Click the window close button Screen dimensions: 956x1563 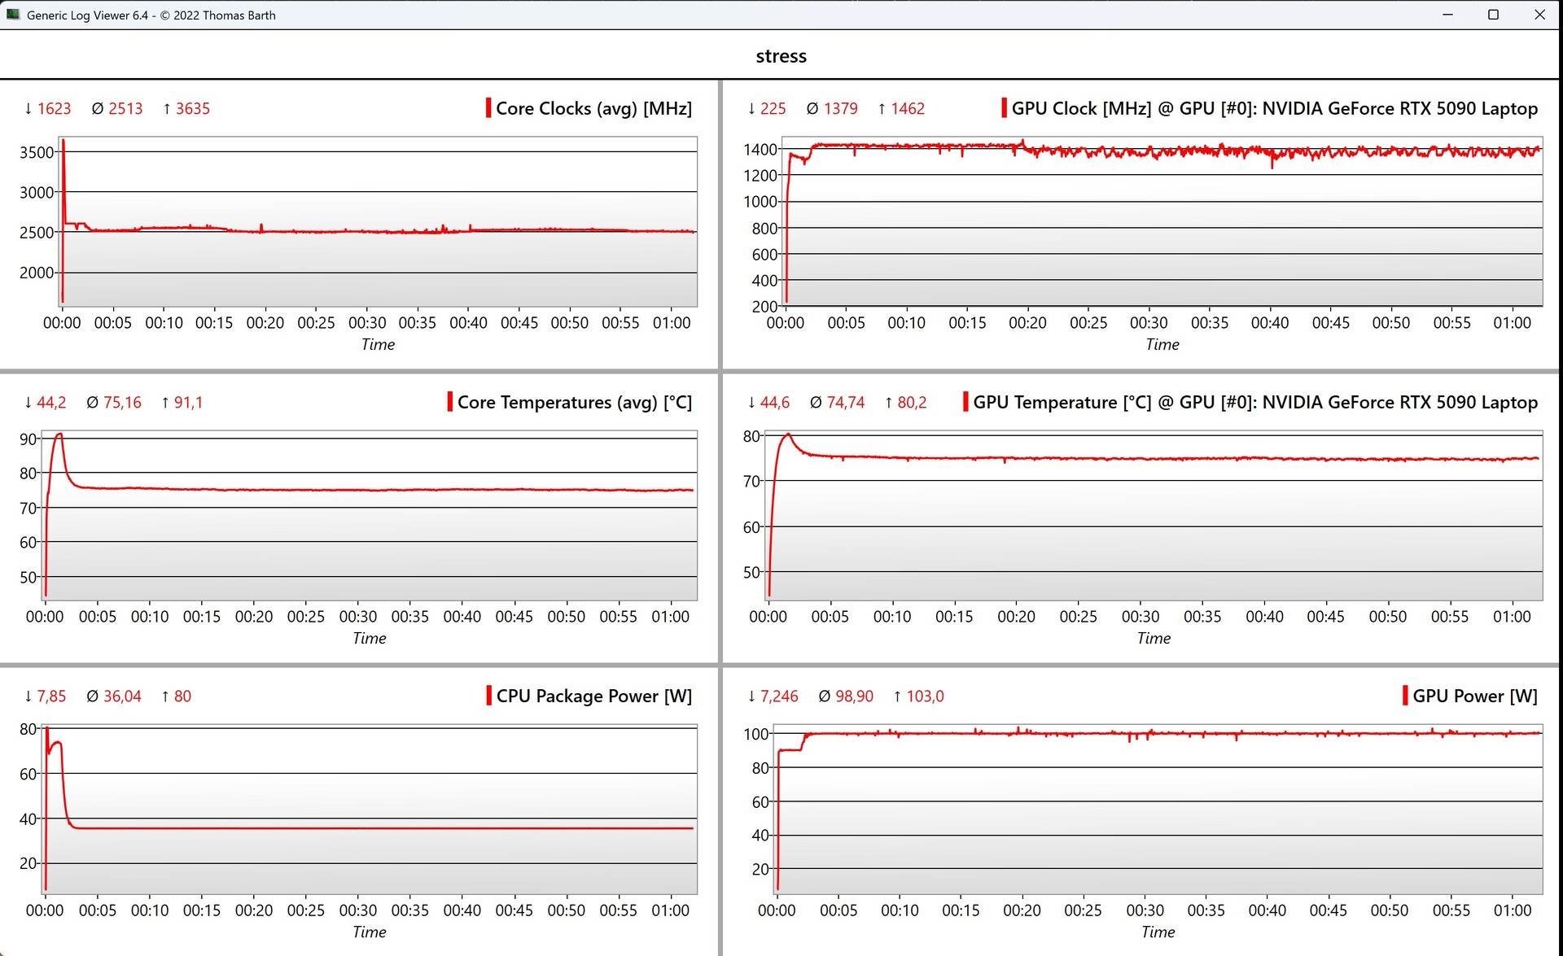[1539, 15]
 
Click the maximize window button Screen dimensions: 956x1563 [1493, 15]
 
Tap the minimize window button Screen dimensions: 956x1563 [1447, 15]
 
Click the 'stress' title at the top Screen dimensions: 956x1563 [781, 56]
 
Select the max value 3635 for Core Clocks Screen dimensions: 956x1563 [192, 109]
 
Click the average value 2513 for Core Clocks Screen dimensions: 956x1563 [125, 109]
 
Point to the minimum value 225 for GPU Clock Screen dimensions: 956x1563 [773, 109]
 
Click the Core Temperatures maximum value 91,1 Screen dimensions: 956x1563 [188, 403]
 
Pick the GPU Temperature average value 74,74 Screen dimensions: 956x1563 [845, 403]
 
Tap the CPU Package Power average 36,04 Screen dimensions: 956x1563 [122, 696]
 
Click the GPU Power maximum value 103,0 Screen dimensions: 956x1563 [925, 696]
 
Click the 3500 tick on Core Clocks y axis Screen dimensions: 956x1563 [37, 152]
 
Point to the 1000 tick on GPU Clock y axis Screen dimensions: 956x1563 [760, 202]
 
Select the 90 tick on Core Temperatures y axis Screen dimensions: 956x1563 [28, 439]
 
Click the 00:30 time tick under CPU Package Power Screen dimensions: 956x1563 [358, 910]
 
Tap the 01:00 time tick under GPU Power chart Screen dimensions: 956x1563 [1513, 910]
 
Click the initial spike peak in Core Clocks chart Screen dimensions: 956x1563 [63, 141]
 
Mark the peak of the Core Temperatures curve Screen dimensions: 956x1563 [59, 434]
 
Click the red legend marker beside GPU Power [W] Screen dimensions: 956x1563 [1405, 696]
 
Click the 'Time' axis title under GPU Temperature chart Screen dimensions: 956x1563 [1154, 639]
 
